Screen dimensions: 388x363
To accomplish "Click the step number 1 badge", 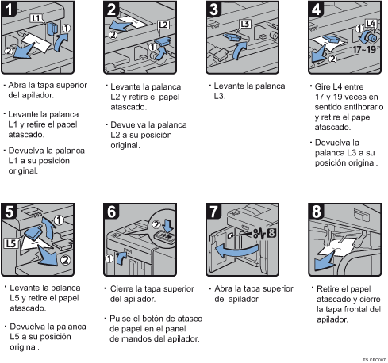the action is tap(9, 9).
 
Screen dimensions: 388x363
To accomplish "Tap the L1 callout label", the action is tap(36, 18).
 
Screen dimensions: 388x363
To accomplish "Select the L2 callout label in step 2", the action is tap(163, 25).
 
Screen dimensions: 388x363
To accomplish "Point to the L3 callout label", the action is tap(245, 24).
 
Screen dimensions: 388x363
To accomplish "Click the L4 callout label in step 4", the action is tap(371, 24).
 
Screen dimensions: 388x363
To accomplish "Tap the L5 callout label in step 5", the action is tap(11, 243).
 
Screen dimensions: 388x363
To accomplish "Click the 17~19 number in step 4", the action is tap(364, 49).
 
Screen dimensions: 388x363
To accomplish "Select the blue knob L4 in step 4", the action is tap(369, 37).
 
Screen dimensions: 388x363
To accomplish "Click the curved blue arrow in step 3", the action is tap(240, 50).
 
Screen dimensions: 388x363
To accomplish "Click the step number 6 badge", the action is tap(111, 212).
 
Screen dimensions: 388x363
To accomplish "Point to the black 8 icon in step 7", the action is tap(271, 233).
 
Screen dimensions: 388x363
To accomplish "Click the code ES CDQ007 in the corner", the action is tap(375, 360).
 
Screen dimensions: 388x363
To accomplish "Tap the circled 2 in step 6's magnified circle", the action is tap(156, 225).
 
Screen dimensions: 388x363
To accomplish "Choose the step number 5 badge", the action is tap(9, 212).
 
